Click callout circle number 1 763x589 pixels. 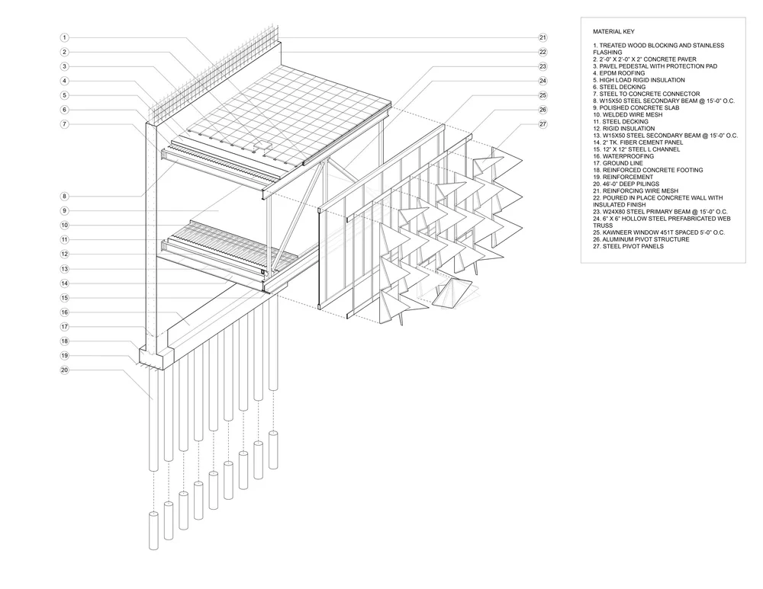pyautogui.click(x=65, y=37)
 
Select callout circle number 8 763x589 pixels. pyautogui.click(x=65, y=196)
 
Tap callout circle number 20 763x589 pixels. pyautogui.click(x=65, y=370)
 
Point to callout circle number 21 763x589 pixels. pyautogui.click(x=542, y=37)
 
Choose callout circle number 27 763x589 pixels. pyautogui.click(x=542, y=124)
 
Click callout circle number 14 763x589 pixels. pyautogui.click(x=65, y=283)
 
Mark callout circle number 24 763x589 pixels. pyautogui.click(x=542, y=81)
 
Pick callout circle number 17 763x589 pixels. pyautogui.click(x=65, y=327)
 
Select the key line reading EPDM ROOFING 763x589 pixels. pyautogui.click(x=621, y=73)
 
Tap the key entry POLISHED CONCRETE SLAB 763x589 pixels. pyautogui.click(x=634, y=107)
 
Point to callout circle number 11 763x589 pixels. pyautogui.click(x=65, y=239)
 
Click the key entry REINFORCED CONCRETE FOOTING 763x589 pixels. pyautogui.click(x=648, y=170)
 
